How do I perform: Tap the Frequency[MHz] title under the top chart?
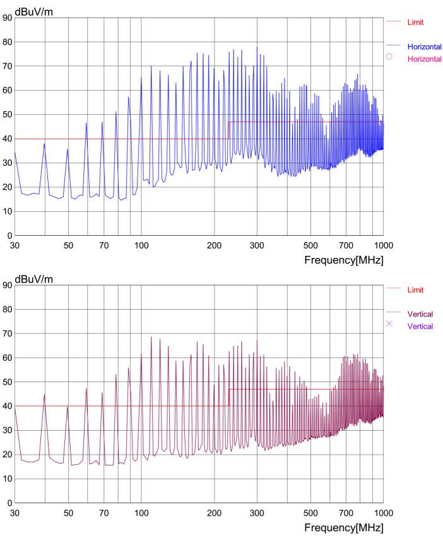tap(343, 259)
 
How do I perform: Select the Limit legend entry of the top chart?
tap(415, 22)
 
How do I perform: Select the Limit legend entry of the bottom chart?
tap(415, 289)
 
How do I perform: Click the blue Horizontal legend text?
tap(424, 47)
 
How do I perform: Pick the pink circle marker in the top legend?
tap(389, 57)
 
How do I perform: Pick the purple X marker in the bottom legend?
tap(389, 323)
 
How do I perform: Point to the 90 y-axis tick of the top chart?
tap(7, 18)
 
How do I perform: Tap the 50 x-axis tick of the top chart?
tap(68, 245)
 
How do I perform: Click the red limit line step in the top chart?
tap(228, 130)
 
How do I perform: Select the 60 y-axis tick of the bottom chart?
tap(7, 358)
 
